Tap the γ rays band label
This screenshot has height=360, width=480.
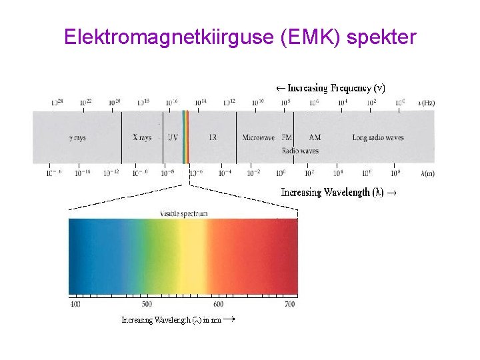click(78, 138)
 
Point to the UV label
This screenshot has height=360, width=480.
click(173, 138)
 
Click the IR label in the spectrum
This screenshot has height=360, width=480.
click(213, 138)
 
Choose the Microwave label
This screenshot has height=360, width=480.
click(258, 138)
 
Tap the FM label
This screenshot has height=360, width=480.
click(287, 138)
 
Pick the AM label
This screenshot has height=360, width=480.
click(315, 138)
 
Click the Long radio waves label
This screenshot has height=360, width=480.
click(378, 138)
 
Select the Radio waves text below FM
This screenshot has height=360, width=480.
click(300, 151)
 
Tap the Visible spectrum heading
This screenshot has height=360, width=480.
click(184, 214)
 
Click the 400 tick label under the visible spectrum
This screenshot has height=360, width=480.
click(75, 304)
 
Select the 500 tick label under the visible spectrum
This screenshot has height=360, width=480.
click(147, 304)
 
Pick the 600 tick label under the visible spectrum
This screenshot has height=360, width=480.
click(218, 304)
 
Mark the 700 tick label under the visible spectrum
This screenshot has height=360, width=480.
click(289, 304)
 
